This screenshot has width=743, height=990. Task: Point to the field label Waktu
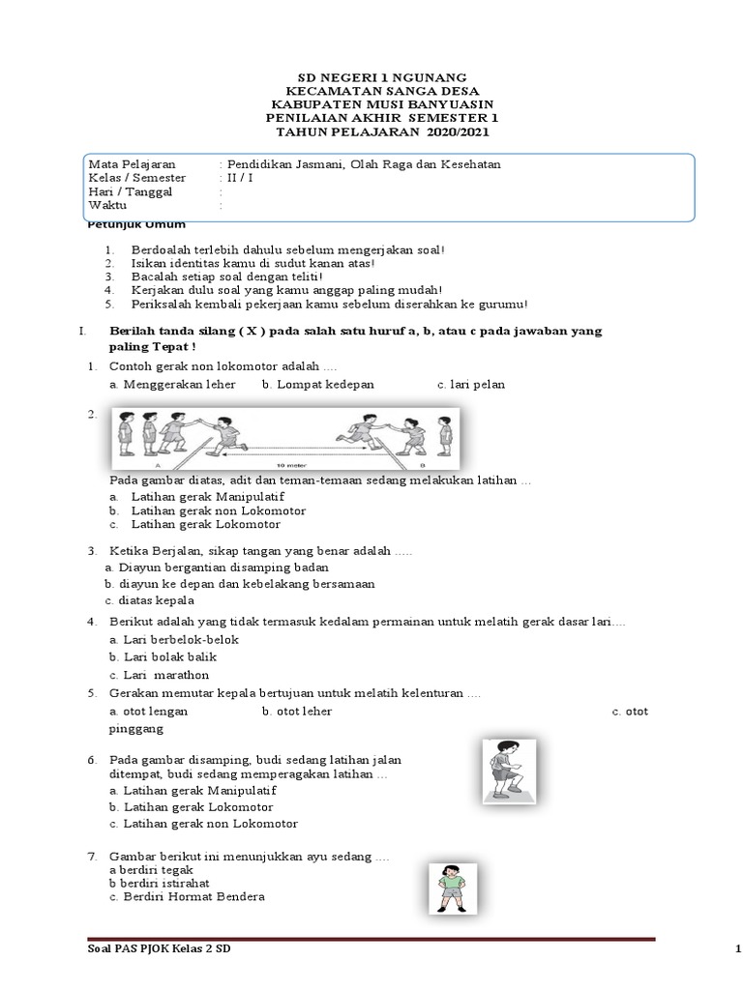click(107, 205)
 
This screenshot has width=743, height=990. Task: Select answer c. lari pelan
click(471, 384)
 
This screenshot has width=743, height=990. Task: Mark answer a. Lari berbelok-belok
click(174, 639)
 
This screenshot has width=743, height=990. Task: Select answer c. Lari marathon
click(160, 675)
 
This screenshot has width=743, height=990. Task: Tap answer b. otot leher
click(297, 711)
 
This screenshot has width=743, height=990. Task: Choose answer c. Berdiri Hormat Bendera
click(188, 896)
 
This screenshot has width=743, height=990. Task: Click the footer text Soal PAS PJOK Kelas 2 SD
click(160, 952)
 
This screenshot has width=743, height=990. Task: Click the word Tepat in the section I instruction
click(171, 346)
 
